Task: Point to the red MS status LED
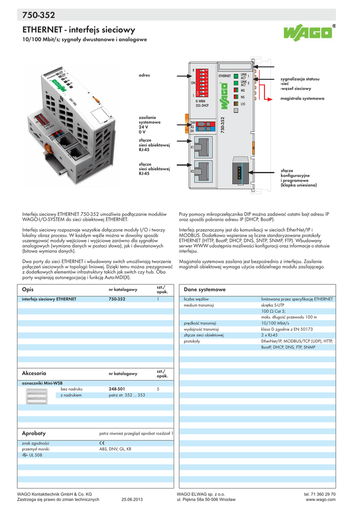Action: click(236, 90)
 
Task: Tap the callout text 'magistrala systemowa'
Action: click(302, 98)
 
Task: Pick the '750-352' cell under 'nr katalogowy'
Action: click(117, 299)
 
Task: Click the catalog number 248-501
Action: click(117, 389)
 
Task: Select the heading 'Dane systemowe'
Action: click(205, 289)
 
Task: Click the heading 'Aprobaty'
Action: click(34, 433)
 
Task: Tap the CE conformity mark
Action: click(102, 443)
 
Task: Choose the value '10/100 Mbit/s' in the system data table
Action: click(275, 323)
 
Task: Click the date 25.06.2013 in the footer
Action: click(132, 500)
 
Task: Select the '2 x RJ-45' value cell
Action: click(270, 335)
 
